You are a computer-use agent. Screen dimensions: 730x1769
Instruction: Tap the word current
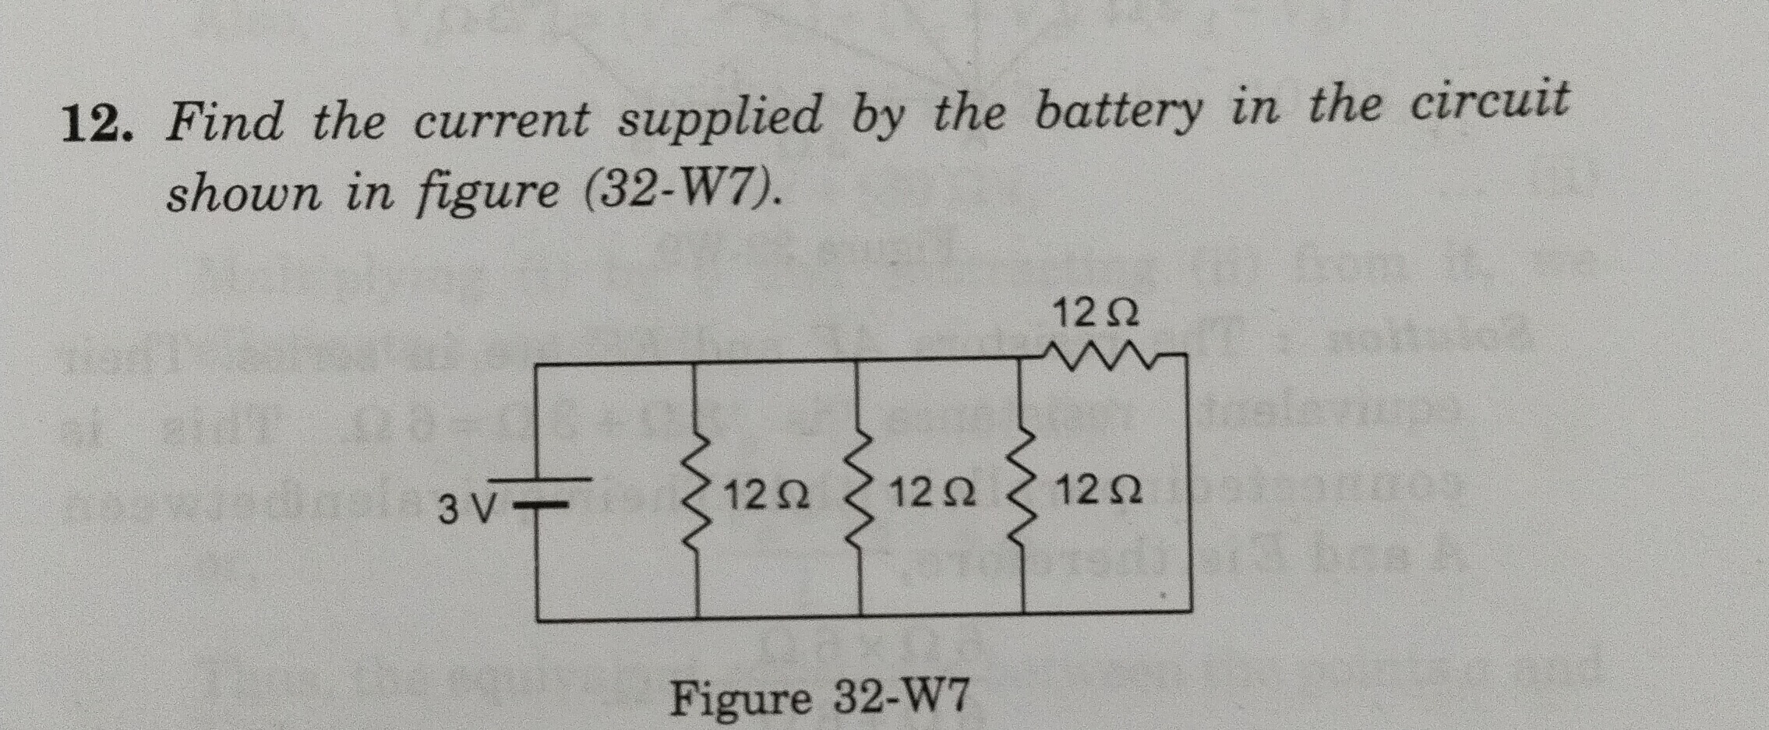click(501, 122)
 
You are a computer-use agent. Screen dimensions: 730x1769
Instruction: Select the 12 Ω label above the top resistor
click(1095, 312)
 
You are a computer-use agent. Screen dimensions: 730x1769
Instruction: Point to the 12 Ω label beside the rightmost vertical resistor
click(1100, 491)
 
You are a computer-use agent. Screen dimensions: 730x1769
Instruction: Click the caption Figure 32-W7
click(820, 696)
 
